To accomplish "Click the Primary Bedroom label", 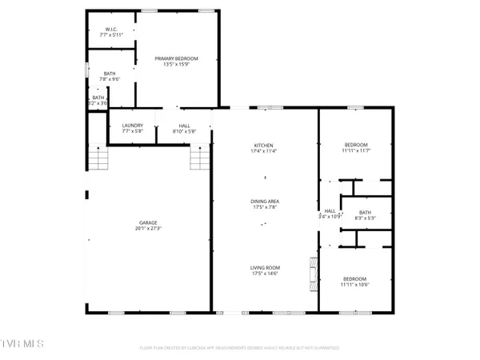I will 176,58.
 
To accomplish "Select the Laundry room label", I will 132,126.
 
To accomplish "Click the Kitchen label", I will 264,144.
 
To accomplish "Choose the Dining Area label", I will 264,201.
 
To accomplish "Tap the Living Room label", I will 264,269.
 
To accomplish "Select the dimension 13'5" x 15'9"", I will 176,65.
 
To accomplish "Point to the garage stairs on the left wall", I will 98,159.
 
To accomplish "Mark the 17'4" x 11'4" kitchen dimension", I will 264,150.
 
